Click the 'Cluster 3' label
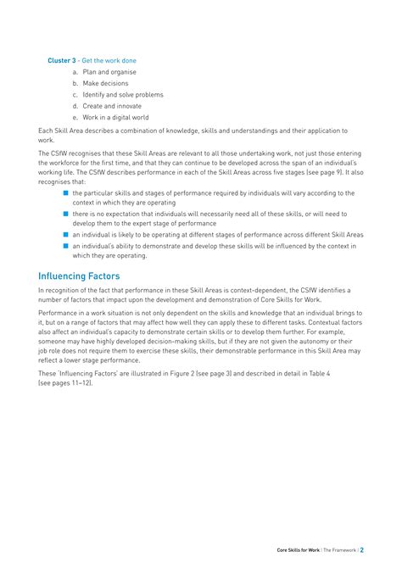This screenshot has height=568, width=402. [x=62, y=61]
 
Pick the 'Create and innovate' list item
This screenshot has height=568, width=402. [x=114, y=106]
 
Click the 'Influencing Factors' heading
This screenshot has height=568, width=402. [x=79, y=276]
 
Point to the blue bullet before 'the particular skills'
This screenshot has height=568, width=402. [x=64, y=192]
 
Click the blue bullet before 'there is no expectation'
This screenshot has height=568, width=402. [x=64, y=214]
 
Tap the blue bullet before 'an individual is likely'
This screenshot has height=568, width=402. [x=64, y=235]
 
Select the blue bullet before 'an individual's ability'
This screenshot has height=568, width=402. [x=64, y=246]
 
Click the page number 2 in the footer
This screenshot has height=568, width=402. [x=362, y=549]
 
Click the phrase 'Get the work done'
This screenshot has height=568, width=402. [x=109, y=61]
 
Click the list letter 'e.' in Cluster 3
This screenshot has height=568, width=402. [x=75, y=117]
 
